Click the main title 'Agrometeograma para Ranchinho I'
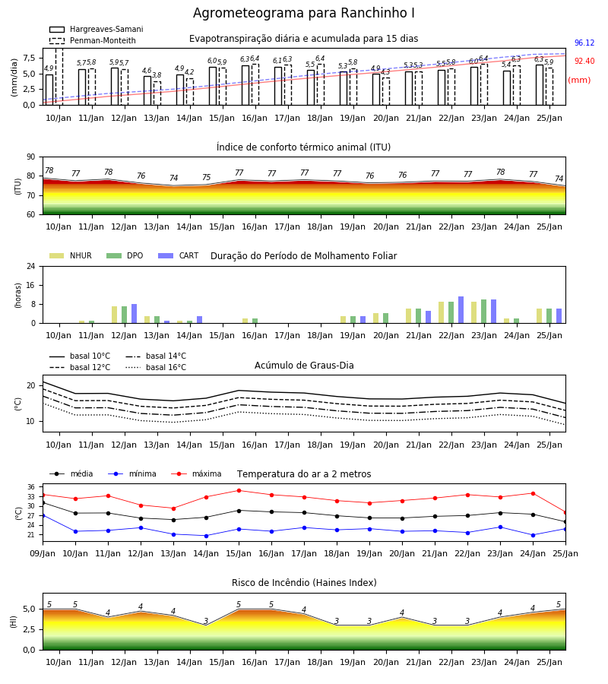click(303, 13)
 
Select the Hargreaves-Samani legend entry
click(97, 29)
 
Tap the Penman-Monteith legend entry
click(93, 40)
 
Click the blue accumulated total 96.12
click(584, 43)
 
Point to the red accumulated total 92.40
click(584, 61)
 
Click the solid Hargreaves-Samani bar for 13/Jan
click(147, 90)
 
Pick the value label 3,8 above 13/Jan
click(157, 75)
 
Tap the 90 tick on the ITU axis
click(31, 157)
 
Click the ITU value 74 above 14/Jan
click(173, 178)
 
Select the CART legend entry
click(179, 255)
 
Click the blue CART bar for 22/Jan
click(461, 310)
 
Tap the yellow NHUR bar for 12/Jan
click(114, 315)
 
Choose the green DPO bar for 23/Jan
click(483, 312)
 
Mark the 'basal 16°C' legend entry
click(156, 367)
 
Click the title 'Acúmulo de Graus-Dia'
click(304, 366)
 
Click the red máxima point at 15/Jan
click(239, 491)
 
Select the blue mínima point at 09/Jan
click(43, 515)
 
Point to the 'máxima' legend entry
click(196, 473)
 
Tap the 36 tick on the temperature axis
click(31, 487)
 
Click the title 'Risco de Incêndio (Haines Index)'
click(304, 583)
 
